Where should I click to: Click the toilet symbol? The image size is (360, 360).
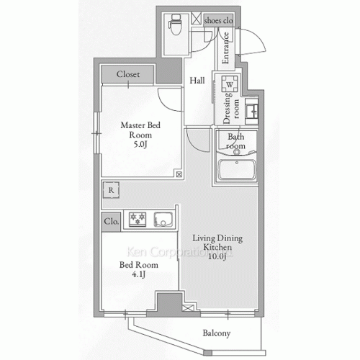coord(176,24)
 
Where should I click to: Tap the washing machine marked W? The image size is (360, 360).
coord(230,84)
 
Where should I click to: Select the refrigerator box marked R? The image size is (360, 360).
coord(111,190)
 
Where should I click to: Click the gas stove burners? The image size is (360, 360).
coord(138,220)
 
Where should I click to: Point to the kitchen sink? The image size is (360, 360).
coord(163,220)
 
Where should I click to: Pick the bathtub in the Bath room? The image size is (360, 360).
coord(237,169)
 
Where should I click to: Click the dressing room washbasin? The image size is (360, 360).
coord(251,111)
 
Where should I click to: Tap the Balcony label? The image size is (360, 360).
coord(217,333)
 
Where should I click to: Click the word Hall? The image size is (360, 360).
coord(197,81)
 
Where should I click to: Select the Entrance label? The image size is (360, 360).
coord(225,48)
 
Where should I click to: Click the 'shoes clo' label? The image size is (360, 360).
coord(219,21)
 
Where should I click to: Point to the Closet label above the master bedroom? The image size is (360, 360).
coord(128,74)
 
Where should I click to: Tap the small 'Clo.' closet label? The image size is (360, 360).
coord(111,221)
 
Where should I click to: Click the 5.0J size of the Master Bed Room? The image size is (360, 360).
coord(140,144)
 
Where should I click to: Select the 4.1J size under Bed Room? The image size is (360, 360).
coord(139,274)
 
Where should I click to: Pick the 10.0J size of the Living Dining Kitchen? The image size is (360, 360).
coord(217,256)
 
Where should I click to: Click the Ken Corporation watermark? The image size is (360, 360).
coord(179,252)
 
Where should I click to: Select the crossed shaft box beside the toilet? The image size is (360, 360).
coord(197,19)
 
